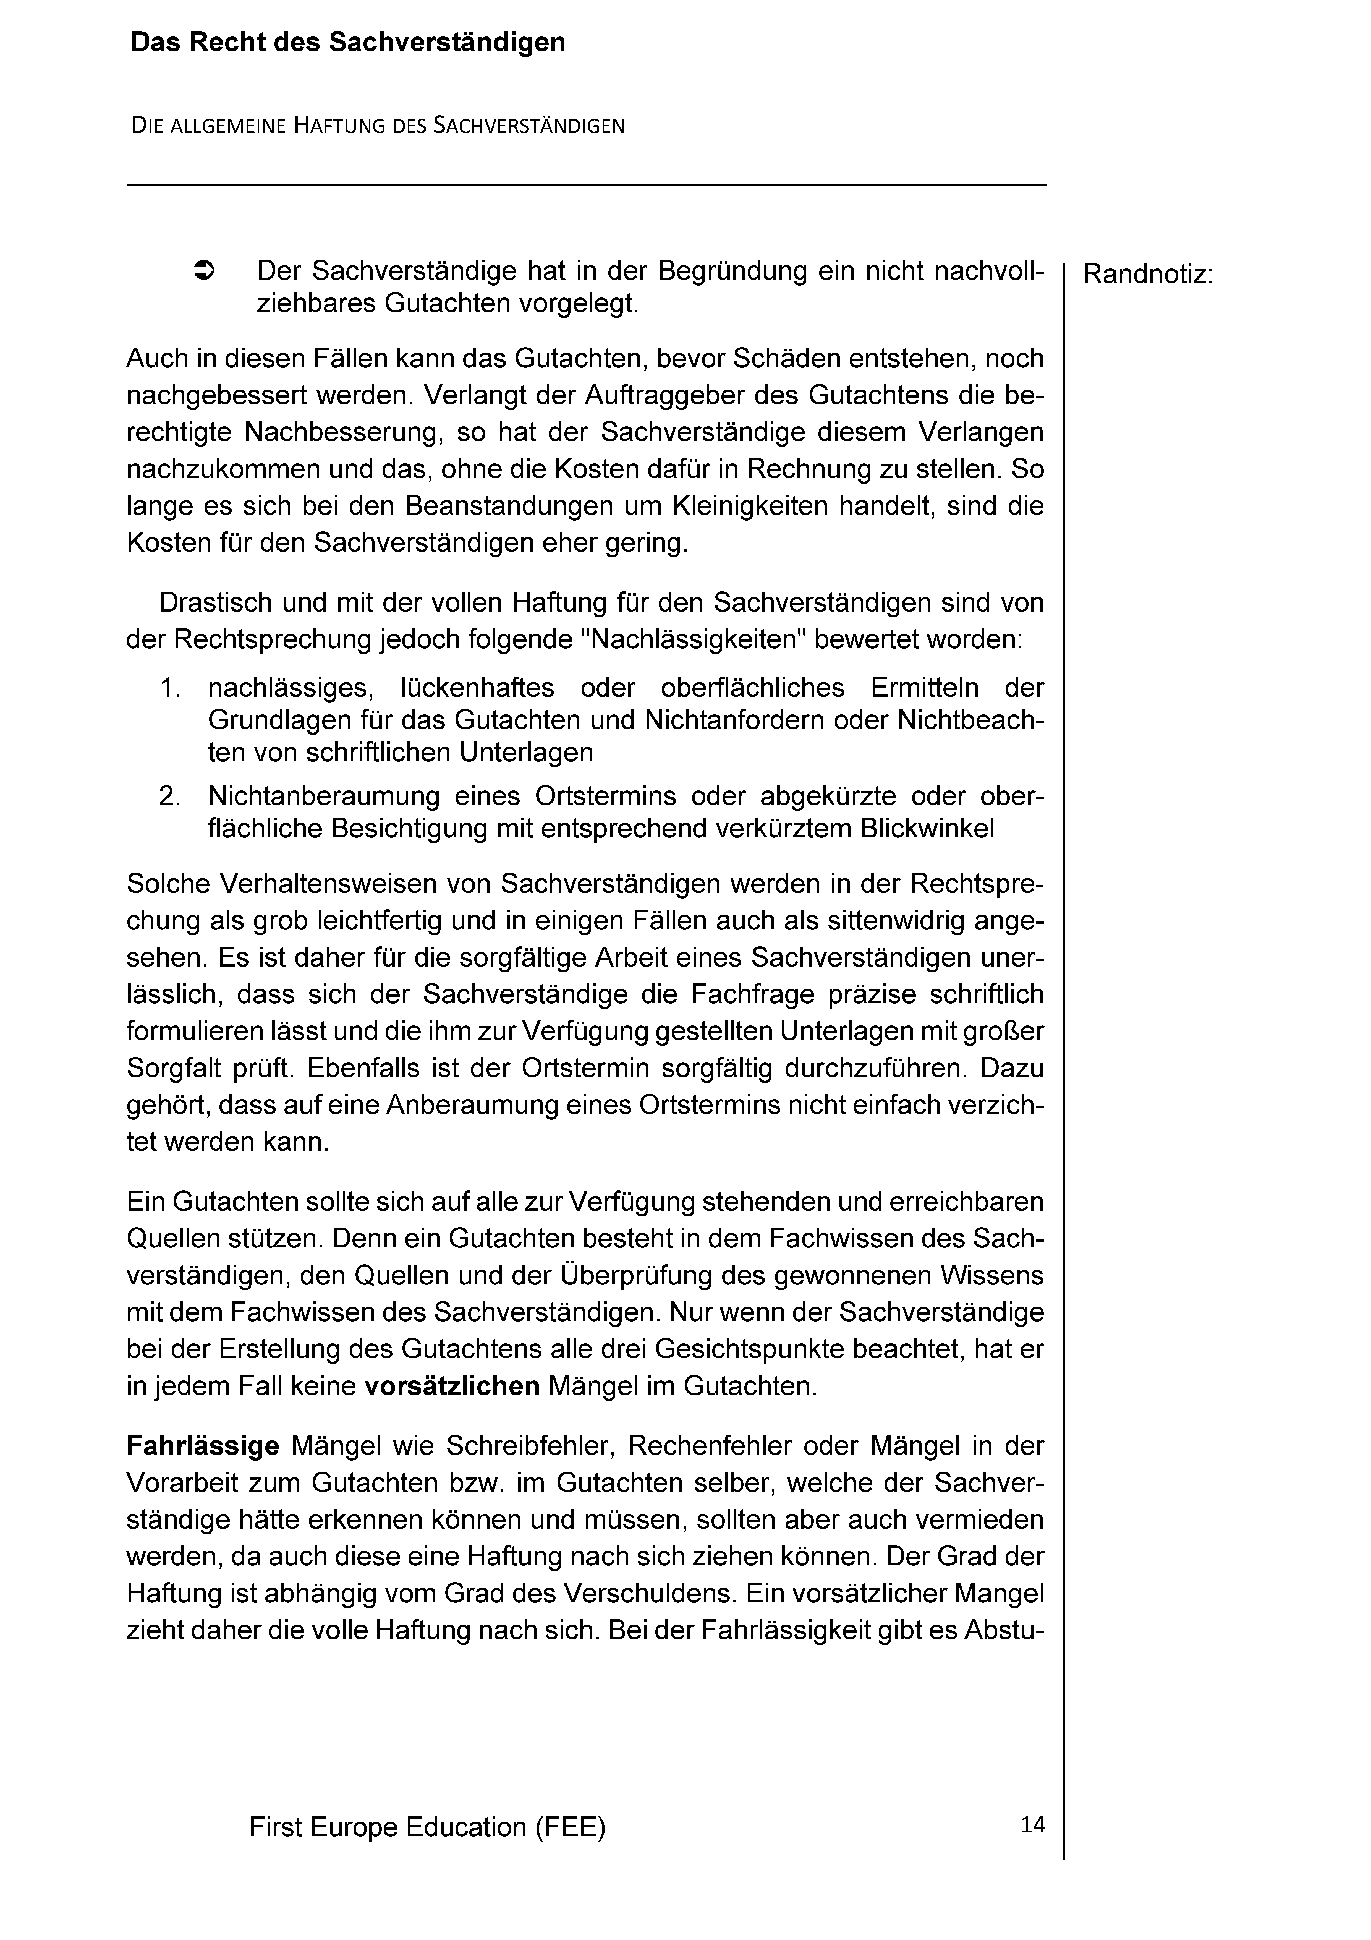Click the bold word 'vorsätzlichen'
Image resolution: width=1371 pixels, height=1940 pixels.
pos(452,1387)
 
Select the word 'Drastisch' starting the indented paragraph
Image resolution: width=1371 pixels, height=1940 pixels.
pos(216,602)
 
